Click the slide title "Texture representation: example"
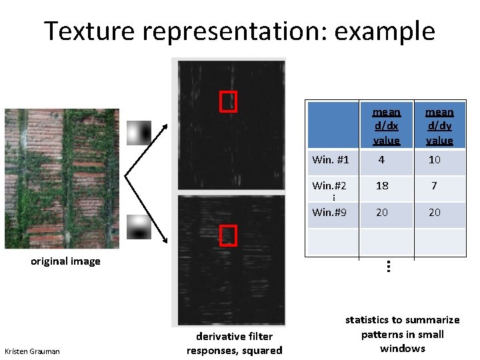click(239, 31)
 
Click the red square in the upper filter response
click(228, 100)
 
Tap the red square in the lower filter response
click(228, 235)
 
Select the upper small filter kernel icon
click(140, 133)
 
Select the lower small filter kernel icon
click(140, 227)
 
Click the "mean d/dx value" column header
click(386, 126)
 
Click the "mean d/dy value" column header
click(439, 126)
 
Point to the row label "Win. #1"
click(331, 160)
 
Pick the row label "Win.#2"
click(329, 185)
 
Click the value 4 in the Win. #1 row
click(381, 160)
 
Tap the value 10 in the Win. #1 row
click(435, 160)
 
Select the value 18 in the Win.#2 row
click(382, 186)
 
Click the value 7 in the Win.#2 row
click(434, 186)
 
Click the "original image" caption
click(65, 261)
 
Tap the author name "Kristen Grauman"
click(32, 351)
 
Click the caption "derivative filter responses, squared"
click(234, 343)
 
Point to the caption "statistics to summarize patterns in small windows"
click(402, 334)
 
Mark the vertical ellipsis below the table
click(387, 265)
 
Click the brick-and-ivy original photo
click(62, 179)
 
